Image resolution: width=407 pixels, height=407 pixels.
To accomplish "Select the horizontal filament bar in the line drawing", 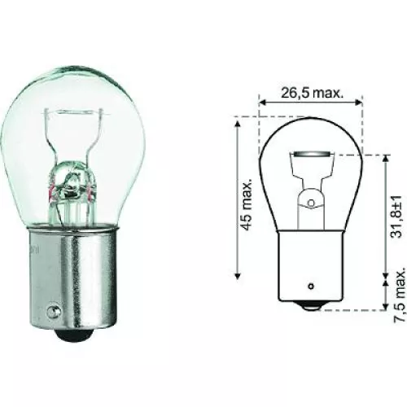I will pos(310,154).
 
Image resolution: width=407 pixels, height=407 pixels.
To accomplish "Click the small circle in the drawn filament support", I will pos(310,199).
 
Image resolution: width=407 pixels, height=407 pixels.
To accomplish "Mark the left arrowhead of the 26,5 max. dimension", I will pos(263,101).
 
